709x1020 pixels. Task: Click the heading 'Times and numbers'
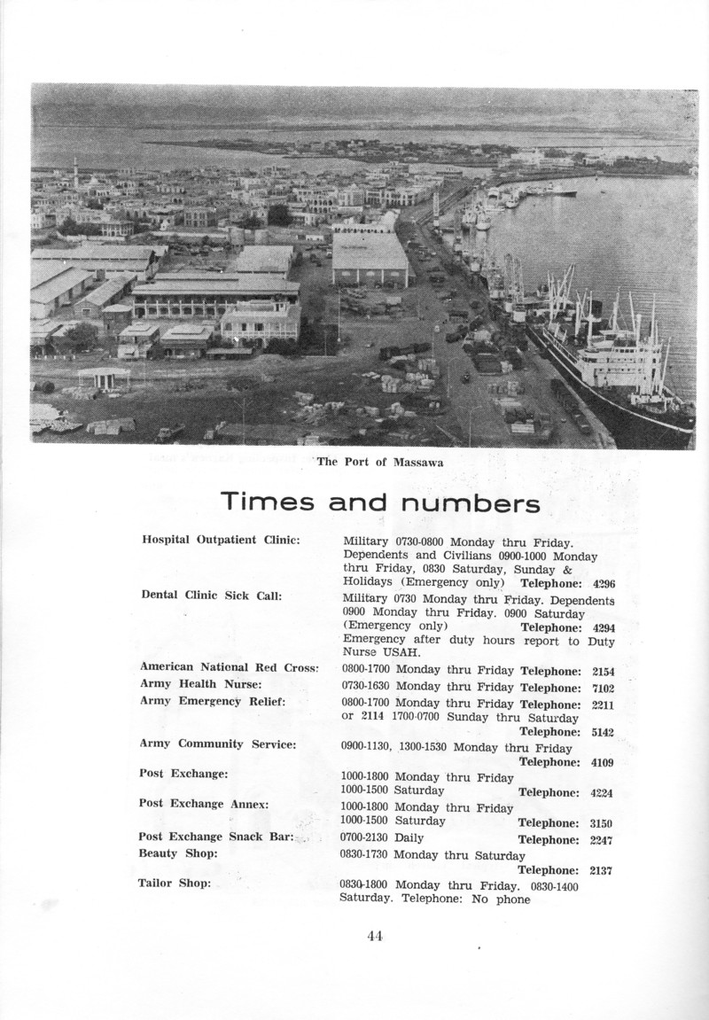381,503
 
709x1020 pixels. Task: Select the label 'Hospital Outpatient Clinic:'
221,539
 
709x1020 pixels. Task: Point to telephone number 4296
603,583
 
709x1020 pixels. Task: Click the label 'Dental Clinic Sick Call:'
211,596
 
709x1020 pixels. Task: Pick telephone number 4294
603,627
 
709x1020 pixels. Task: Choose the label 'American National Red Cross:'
229,666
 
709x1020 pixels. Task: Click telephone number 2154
603,671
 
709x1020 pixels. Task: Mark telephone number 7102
603,688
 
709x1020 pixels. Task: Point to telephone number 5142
603,732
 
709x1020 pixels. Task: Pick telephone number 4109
603,761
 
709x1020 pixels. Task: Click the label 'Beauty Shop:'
177,853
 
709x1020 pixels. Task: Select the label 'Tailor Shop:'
174,883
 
